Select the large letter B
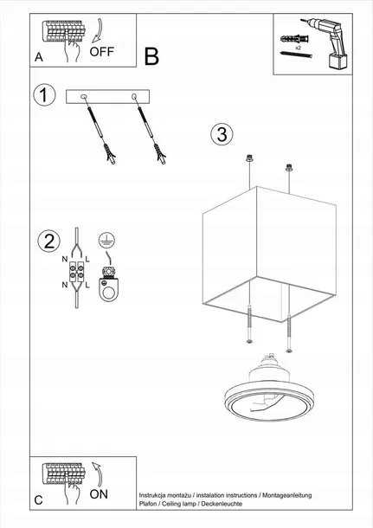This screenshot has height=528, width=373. (x=151, y=57)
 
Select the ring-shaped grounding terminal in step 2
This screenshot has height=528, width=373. (x=109, y=291)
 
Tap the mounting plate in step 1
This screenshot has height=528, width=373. (x=108, y=97)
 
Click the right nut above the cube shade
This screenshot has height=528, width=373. (x=286, y=166)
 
